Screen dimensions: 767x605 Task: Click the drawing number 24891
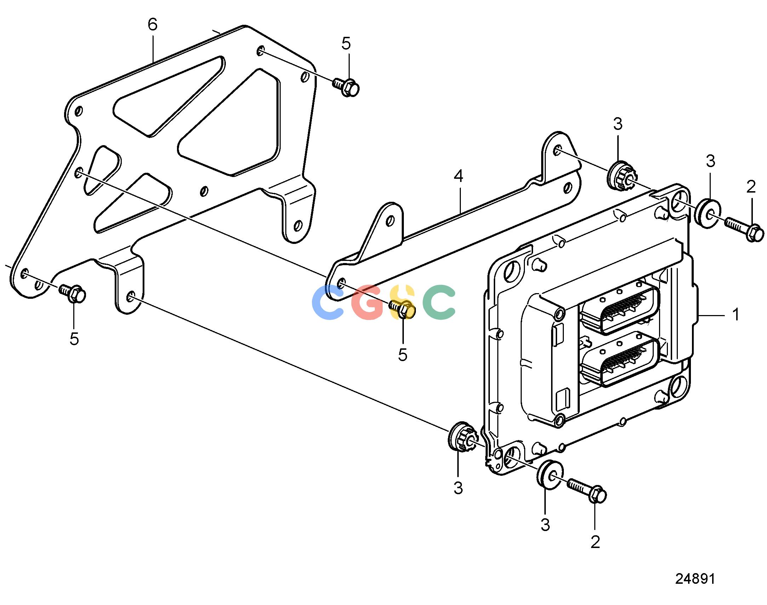coord(695,578)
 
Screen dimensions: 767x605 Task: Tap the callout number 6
coord(152,24)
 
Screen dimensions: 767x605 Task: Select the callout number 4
coord(458,176)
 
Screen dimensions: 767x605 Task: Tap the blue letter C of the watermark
coord(328,302)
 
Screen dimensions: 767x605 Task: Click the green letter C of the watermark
coord(439,302)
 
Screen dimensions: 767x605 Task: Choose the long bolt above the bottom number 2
coord(587,491)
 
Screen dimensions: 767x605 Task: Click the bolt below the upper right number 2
coord(744,229)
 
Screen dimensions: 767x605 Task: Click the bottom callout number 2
coord(595,542)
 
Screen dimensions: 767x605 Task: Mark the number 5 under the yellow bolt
coord(403,355)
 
